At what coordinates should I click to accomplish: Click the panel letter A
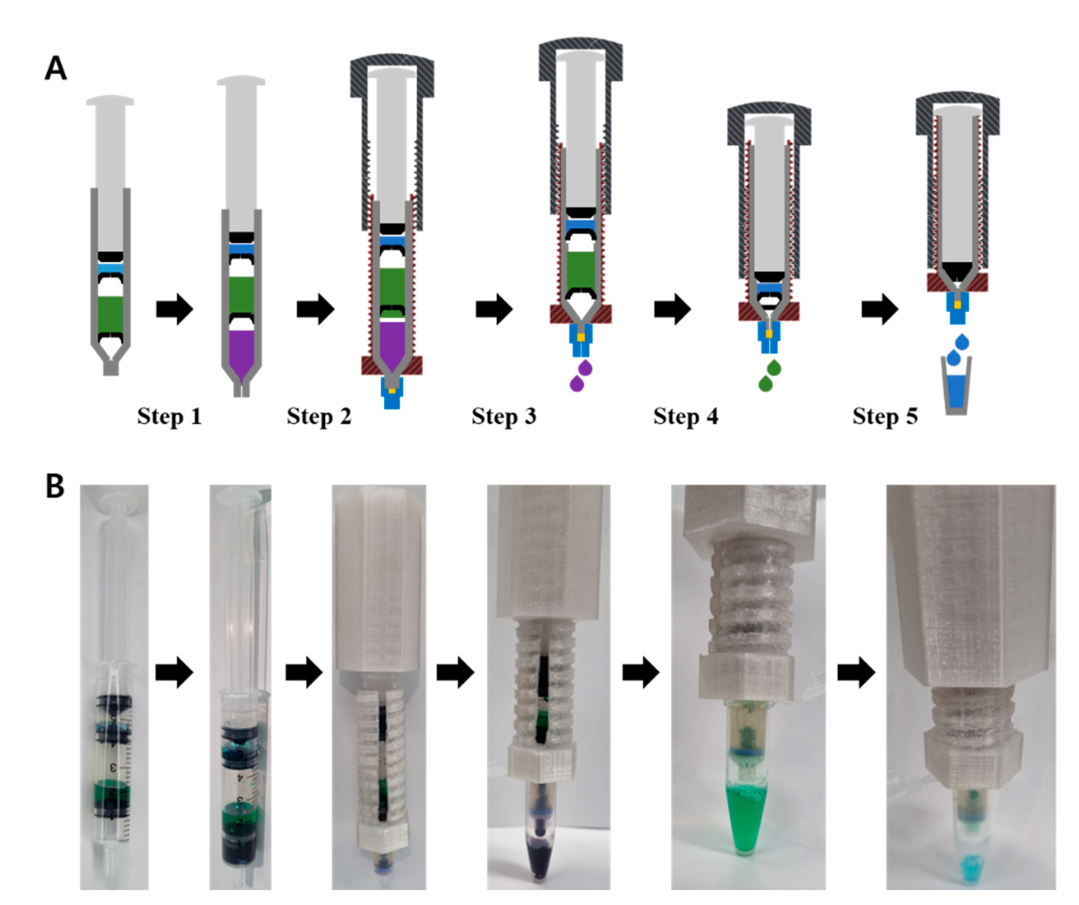click(56, 68)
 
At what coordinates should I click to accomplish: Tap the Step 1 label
click(169, 417)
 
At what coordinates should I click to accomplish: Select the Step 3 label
click(503, 417)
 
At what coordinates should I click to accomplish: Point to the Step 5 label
click(885, 417)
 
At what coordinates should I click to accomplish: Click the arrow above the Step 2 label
click(316, 309)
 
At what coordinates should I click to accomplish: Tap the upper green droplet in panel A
click(774, 368)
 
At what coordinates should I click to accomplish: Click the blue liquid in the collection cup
click(956, 391)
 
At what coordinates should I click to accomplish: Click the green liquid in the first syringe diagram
click(110, 314)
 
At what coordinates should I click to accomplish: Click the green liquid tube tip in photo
click(744, 822)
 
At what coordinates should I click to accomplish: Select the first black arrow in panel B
click(174, 672)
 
